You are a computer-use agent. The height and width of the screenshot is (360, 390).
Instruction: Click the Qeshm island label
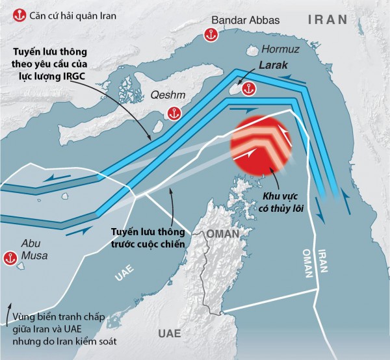point(166,93)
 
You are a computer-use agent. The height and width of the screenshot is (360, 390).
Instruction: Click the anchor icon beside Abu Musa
point(10,256)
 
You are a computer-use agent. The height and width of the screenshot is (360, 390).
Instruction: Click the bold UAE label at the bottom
point(172,334)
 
